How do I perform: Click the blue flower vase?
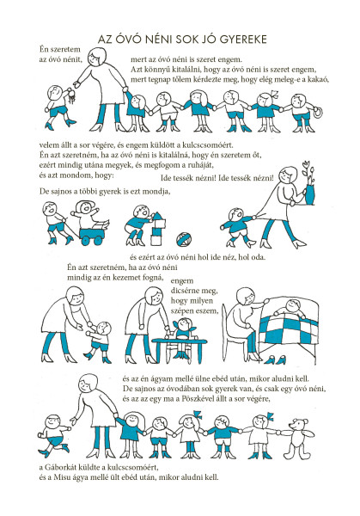click(309, 195)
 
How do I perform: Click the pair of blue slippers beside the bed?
click(276, 360)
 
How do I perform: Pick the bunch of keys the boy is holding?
click(71, 96)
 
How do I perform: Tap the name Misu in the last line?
click(60, 477)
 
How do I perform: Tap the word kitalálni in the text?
click(187, 70)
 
